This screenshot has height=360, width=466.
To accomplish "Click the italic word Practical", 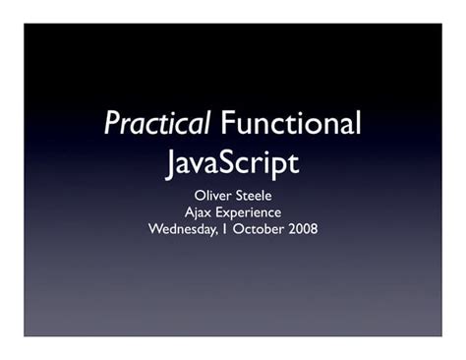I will pyautogui.click(x=157, y=125).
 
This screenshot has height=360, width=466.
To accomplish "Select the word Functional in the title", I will pyautogui.click(x=291, y=124).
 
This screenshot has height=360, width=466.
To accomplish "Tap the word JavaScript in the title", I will pyautogui.click(x=232, y=161).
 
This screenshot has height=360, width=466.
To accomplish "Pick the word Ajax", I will pyautogui.click(x=199, y=212).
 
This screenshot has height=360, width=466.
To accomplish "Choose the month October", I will pyautogui.click(x=261, y=229).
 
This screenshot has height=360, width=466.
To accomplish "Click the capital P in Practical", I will pyautogui.click(x=111, y=125).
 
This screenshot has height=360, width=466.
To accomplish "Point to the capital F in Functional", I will pyautogui.click(x=227, y=124).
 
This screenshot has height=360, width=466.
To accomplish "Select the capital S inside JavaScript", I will pyautogui.click(x=232, y=160).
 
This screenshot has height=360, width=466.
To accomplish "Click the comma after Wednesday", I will pyautogui.click(x=223, y=233).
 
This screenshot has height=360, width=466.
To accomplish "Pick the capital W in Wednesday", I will pyautogui.click(x=155, y=229).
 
